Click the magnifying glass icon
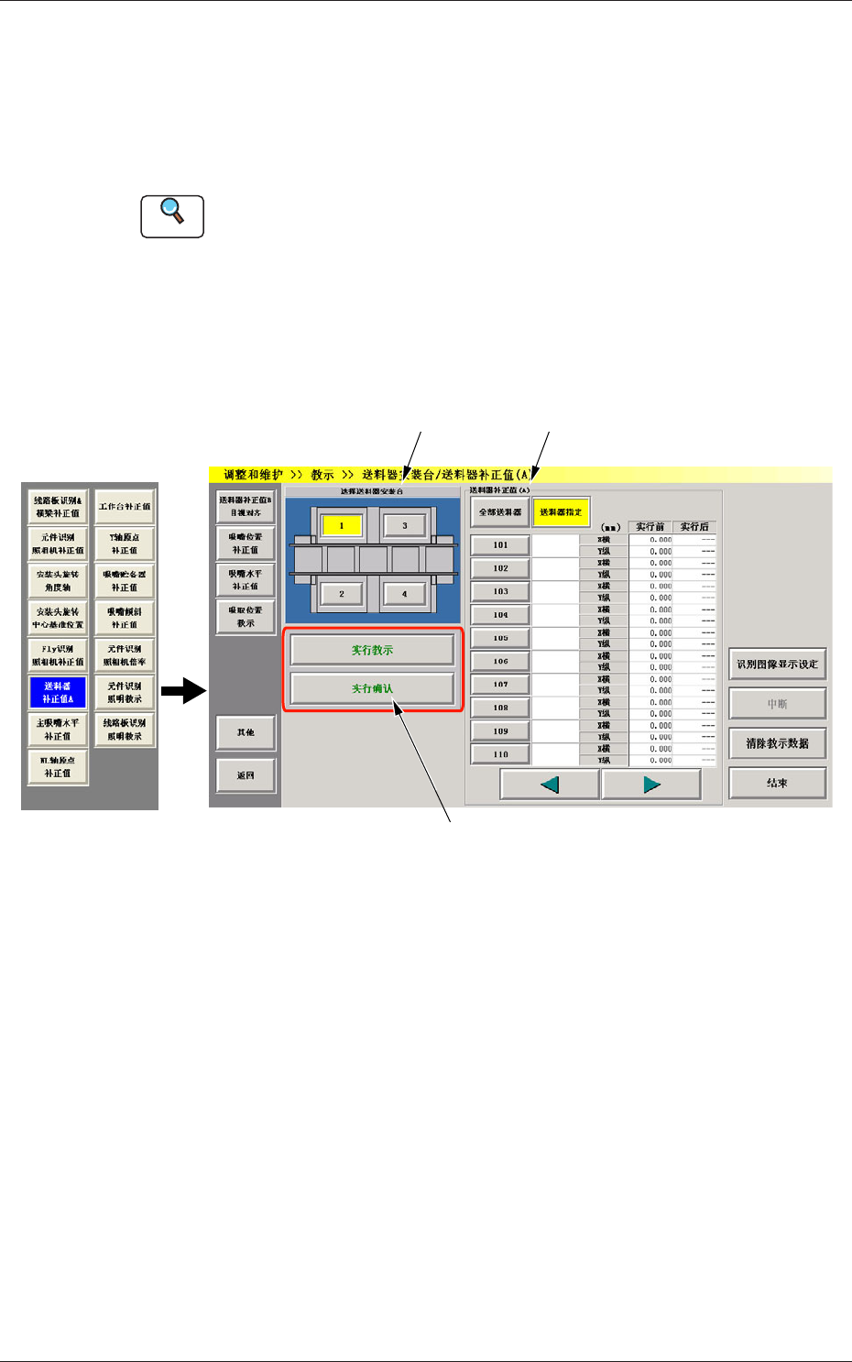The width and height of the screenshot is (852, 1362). click(x=172, y=215)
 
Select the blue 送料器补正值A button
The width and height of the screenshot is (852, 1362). click(x=57, y=692)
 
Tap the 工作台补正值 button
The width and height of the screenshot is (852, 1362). click(x=125, y=506)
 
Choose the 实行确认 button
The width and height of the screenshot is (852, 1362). click(x=372, y=688)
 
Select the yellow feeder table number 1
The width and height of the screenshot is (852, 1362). click(x=342, y=525)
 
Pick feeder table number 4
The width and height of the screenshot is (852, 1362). click(x=404, y=594)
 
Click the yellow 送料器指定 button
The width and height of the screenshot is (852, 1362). click(x=561, y=512)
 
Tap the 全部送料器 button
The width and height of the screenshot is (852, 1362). click(x=500, y=512)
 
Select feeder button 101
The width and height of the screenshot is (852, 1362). click(x=500, y=545)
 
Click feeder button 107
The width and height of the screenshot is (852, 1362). click(x=500, y=685)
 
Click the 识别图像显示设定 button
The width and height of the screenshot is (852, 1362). click(x=777, y=665)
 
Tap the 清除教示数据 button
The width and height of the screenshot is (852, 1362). click(x=777, y=743)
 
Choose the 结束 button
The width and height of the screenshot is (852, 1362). click(x=777, y=783)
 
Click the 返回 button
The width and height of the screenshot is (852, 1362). click(x=246, y=775)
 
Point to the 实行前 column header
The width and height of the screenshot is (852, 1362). click(x=650, y=527)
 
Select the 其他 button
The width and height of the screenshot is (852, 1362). click(x=246, y=732)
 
